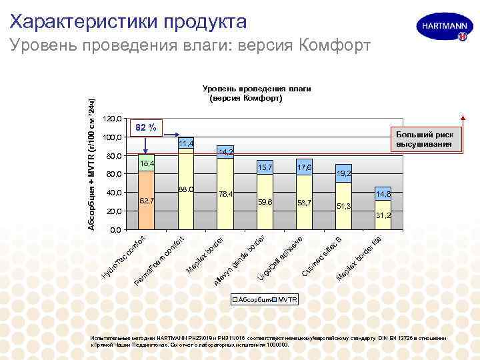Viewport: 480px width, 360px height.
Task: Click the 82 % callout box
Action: pyautogui.click(x=146, y=127)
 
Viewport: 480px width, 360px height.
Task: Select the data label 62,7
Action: pyautogui.click(x=147, y=200)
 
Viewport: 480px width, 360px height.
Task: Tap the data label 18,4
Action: pyautogui.click(x=147, y=163)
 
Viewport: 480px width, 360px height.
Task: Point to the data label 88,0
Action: pyautogui.click(x=186, y=190)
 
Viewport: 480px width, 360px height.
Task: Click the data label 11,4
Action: pyautogui.click(x=186, y=144)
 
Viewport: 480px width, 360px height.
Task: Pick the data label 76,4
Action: pyautogui.click(x=225, y=194)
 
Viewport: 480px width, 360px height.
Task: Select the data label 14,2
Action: pyautogui.click(x=225, y=153)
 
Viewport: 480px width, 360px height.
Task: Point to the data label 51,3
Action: pyautogui.click(x=344, y=206)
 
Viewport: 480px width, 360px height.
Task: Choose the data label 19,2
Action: pyautogui.click(x=344, y=173)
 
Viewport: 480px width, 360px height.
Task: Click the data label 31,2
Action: pyautogui.click(x=383, y=215)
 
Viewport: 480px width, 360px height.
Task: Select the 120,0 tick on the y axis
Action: pyautogui.click(x=114, y=119)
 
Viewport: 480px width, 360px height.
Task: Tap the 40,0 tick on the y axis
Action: pyautogui.click(x=114, y=193)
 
